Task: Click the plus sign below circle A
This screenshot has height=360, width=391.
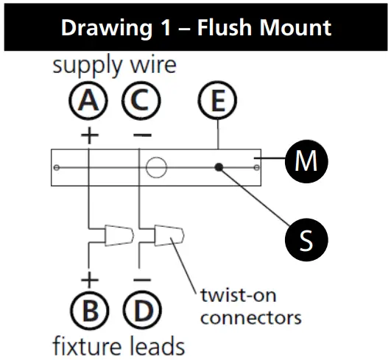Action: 88,135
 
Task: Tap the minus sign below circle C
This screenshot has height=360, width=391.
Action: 142,135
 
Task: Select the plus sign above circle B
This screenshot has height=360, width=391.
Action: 89,280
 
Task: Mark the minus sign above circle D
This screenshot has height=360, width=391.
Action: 142,280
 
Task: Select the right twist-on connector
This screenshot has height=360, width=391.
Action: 169,236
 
